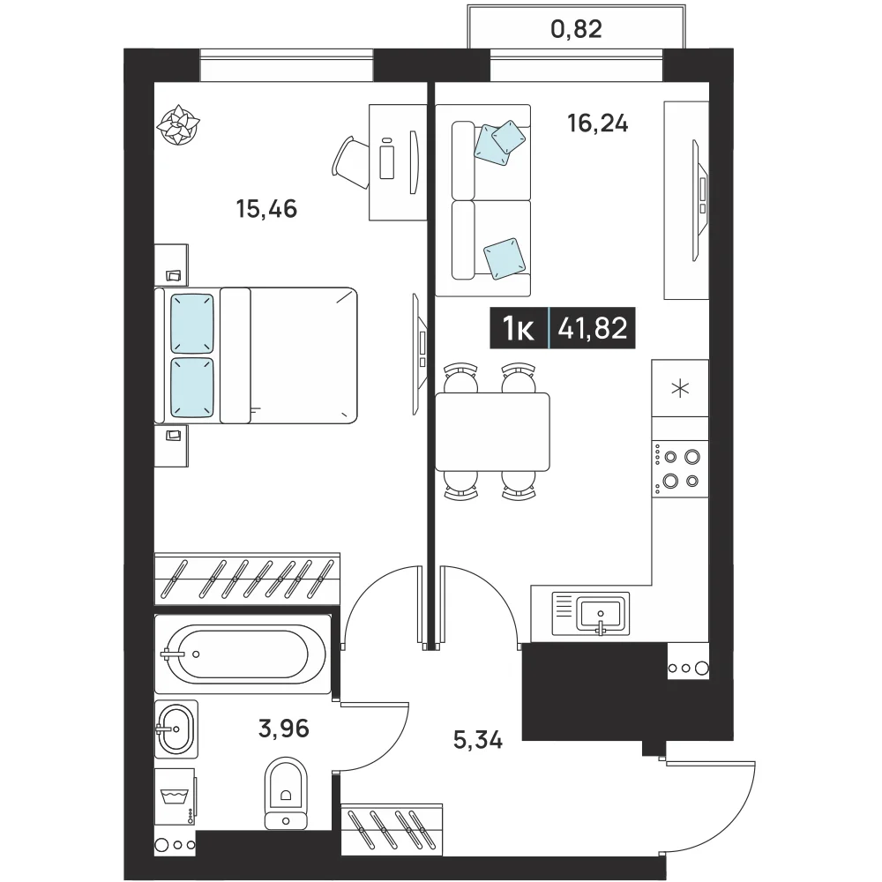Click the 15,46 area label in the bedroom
(x=266, y=209)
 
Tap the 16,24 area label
(x=597, y=123)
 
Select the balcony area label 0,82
(x=576, y=29)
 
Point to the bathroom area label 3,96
(x=283, y=729)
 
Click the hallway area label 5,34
(x=478, y=740)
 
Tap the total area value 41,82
(x=593, y=328)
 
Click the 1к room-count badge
(x=518, y=328)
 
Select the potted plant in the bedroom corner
(x=178, y=125)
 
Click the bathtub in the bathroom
(x=243, y=654)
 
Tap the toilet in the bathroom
(x=286, y=793)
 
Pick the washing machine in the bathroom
(x=175, y=796)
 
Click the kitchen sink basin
(x=601, y=613)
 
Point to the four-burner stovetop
(x=680, y=469)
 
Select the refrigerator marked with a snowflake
(x=680, y=388)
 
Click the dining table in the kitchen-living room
(x=492, y=432)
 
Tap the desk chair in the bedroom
(x=351, y=162)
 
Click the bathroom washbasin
(x=176, y=729)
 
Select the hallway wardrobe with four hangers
(x=392, y=830)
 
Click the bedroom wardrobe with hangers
(x=247, y=579)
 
